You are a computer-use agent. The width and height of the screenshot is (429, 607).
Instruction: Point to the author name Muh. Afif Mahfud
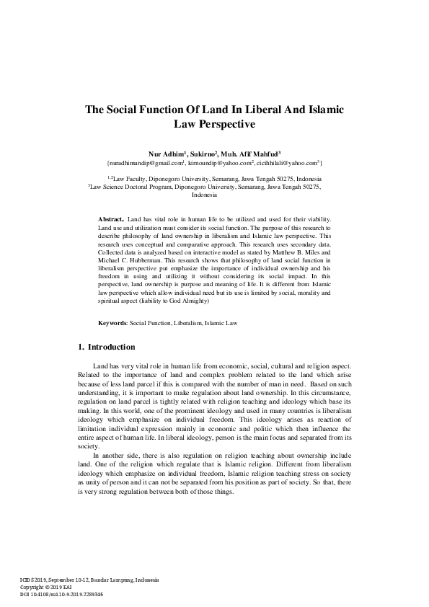point(258,153)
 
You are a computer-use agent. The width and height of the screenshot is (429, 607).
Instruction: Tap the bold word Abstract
point(111,218)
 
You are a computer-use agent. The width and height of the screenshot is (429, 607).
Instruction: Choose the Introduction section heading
point(111,347)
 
